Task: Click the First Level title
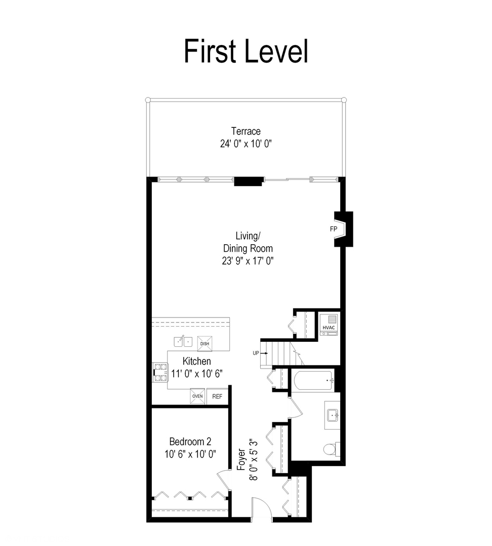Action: click(x=246, y=52)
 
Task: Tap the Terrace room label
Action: click(x=246, y=131)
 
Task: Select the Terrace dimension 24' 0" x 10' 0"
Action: click(x=246, y=144)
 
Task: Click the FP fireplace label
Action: click(x=334, y=229)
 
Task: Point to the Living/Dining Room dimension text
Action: click(x=248, y=261)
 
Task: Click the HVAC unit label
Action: click(x=329, y=328)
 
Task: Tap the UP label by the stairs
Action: click(x=256, y=353)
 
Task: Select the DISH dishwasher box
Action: click(x=205, y=343)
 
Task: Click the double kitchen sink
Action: click(x=183, y=342)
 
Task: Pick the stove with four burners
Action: click(x=161, y=373)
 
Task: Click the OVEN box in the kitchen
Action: click(x=197, y=396)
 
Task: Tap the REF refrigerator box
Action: click(x=217, y=396)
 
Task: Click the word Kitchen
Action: click(x=197, y=361)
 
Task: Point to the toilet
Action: click(x=331, y=448)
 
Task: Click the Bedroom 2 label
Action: click(x=190, y=441)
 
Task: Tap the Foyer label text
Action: click(x=241, y=460)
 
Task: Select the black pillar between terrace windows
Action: click(x=249, y=181)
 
